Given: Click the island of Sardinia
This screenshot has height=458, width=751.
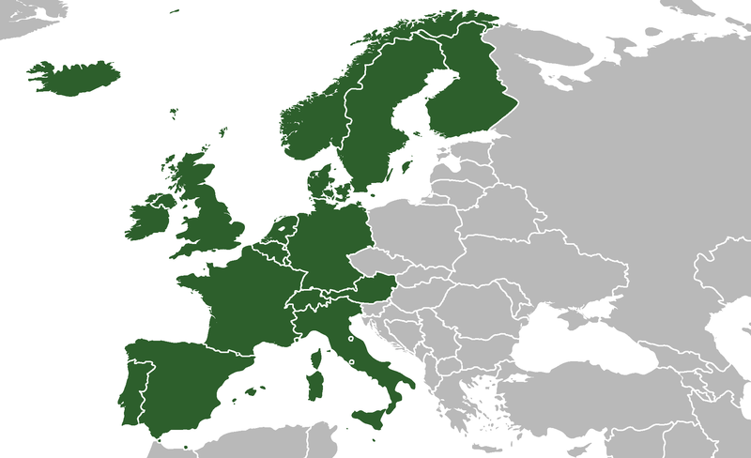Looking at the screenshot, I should point(316,383).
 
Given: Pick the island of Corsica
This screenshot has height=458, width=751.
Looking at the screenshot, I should point(316,358).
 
